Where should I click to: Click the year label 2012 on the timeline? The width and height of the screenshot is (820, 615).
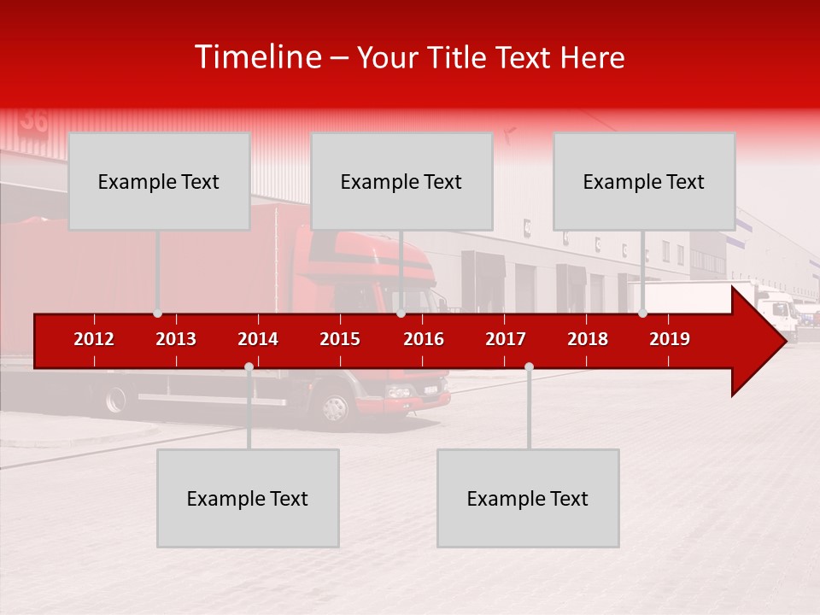click(x=94, y=339)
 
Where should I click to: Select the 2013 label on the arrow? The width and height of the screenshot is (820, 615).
click(x=176, y=339)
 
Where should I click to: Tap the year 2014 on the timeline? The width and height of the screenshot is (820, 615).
click(x=258, y=339)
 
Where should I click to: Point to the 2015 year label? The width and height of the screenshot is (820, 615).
click(x=340, y=339)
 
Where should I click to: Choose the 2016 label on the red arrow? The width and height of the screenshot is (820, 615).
click(x=424, y=339)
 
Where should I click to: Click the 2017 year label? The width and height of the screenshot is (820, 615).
click(x=506, y=339)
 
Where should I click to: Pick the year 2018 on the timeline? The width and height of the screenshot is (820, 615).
click(x=588, y=339)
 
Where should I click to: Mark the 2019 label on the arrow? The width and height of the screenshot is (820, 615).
click(x=670, y=339)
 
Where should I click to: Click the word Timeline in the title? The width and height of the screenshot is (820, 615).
click(x=258, y=57)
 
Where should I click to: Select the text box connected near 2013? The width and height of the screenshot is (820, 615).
click(x=159, y=181)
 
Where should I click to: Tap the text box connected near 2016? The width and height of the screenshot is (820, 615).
click(x=401, y=181)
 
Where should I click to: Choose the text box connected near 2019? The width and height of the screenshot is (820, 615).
click(x=644, y=181)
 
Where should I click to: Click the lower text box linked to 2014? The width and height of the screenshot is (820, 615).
click(x=248, y=498)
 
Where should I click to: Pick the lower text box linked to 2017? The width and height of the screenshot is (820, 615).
click(x=528, y=498)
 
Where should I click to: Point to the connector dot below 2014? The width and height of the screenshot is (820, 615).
click(x=249, y=367)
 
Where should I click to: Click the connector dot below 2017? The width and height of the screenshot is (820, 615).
click(x=529, y=367)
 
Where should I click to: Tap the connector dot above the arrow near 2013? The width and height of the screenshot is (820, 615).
click(x=157, y=313)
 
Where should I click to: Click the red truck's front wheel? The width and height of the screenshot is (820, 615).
click(x=336, y=407)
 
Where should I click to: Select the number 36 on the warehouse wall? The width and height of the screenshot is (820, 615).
click(x=34, y=120)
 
